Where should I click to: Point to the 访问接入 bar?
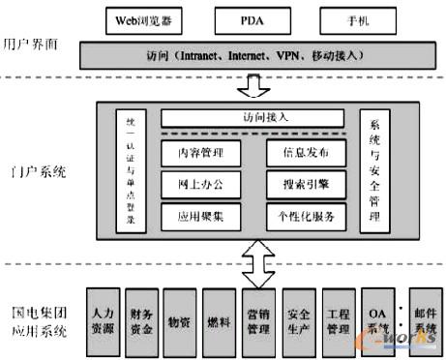(x=253, y=119)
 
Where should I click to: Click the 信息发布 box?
(x=305, y=152)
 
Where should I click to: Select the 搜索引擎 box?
(x=305, y=183)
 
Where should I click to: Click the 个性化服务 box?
(x=305, y=214)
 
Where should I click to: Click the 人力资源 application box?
(x=104, y=318)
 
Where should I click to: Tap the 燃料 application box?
(x=220, y=318)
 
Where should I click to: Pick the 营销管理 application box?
(x=259, y=318)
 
